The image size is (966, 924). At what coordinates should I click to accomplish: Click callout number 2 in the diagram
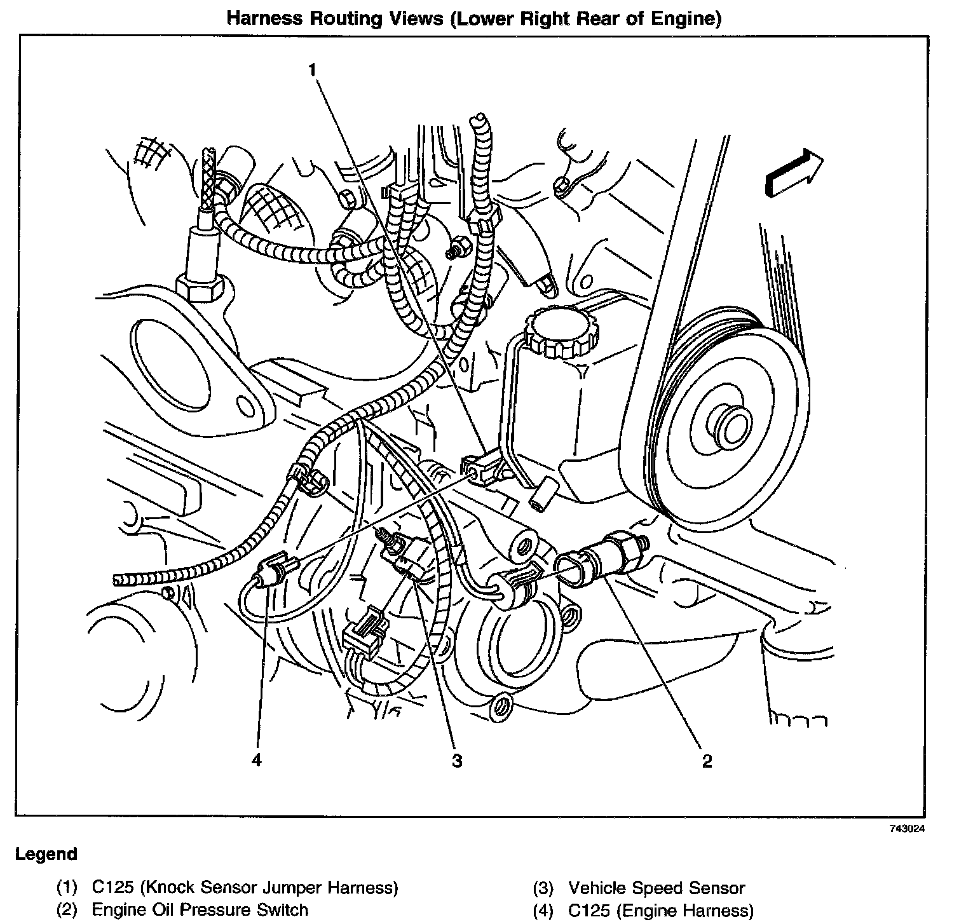pyautogui.click(x=707, y=760)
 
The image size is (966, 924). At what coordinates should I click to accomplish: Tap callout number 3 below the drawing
pyautogui.click(x=457, y=760)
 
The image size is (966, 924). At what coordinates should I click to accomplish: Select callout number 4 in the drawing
pyautogui.click(x=256, y=760)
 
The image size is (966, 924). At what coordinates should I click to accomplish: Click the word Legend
pyautogui.click(x=46, y=854)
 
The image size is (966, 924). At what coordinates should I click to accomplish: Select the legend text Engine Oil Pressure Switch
pyautogui.click(x=200, y=910)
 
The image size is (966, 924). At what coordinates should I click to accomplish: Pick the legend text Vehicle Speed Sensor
pyautogui.click(x=656, y=888)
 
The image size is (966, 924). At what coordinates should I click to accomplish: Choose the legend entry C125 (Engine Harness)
pyautogui.click(x=661, y=910)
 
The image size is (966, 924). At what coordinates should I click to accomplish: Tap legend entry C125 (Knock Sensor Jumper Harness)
pyautogui.click(x=245, y=888)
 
